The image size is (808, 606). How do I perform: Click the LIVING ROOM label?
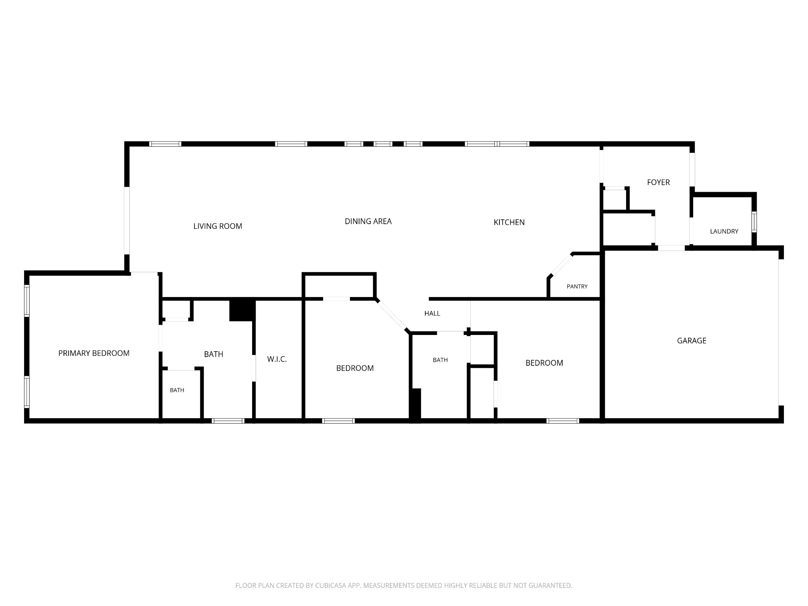[x=218, y=226]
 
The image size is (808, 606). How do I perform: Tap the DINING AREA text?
[x=368, y=221]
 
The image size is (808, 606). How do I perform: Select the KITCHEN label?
[x=509, y=222]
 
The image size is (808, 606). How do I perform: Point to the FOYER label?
[x=658, y=182]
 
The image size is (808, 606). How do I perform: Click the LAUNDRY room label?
[x=724, y=232]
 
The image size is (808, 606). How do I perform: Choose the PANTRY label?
[x=577, y=286]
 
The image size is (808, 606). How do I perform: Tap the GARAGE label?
[x=692, y=340]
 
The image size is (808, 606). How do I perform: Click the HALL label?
[x=432, y=313]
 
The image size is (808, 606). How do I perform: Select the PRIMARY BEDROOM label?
[x=94, y=353]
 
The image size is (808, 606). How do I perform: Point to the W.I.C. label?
[x=277, y=359]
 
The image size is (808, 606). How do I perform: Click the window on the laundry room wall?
[x=754, y=222]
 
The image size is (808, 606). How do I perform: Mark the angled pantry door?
[x=561, y=265]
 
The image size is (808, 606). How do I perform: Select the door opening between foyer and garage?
[x=671, y=248]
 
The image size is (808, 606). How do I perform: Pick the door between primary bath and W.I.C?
[x=254, y=368]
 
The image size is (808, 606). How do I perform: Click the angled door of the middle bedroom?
[x=392, y=315]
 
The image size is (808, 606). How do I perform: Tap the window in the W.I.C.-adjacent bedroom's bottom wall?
[x=339, y=421]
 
